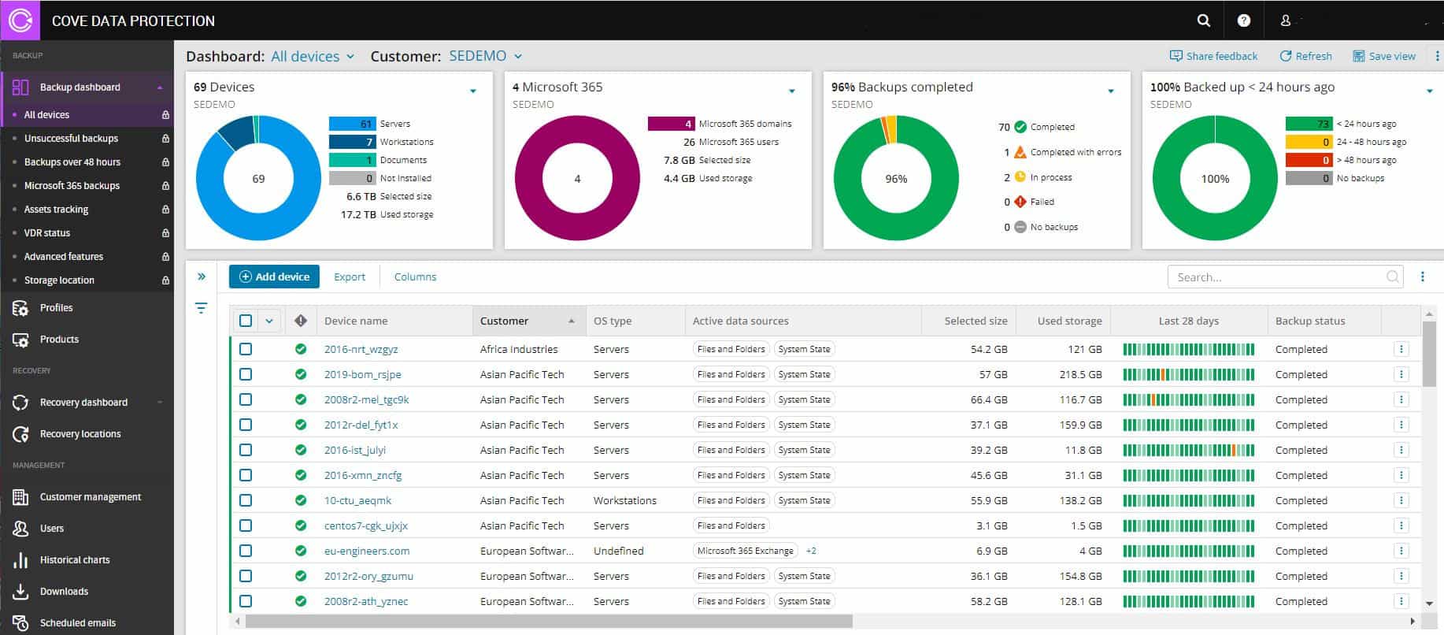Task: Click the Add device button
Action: click(x=274, y=277)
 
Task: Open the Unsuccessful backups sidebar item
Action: click(x=71, y=138)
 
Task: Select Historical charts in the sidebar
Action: click(x=75, y=559)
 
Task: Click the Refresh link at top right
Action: click(x=1305, y=56)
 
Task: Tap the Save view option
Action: click(x=1383, y=56)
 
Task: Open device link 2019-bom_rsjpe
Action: click(x=363, y=374)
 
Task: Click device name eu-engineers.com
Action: click(x=367, y=551)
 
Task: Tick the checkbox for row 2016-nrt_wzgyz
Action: click(x=246, y=349)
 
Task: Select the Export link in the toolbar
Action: click(x=350, y=277)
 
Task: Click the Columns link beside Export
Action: click(x=415, y=277)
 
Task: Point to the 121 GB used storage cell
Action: click(x=1085, y=349)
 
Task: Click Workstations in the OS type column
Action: click(x=625, y=500)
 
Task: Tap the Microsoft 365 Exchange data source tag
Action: click(x=745, y=551)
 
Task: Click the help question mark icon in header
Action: click(x=1244, y=20)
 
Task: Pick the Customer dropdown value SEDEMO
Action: click(x=478, y=56)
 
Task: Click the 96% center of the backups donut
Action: click(x=896, y=179)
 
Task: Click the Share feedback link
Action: click(x=1213, y=56)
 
